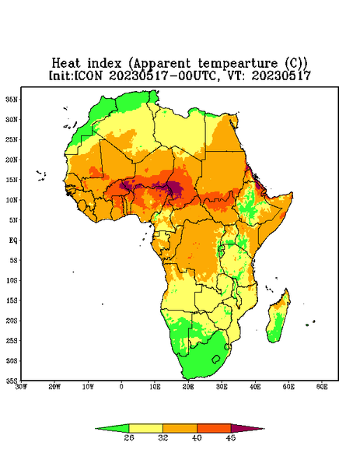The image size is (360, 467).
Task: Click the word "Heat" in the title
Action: (66, 64)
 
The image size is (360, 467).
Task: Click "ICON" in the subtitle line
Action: (88, 75)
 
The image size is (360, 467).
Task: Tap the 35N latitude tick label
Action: (12, 99)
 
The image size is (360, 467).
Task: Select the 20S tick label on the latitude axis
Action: (12, 321)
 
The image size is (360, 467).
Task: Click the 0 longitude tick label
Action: (121, 387)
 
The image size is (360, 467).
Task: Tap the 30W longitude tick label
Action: (21, 387)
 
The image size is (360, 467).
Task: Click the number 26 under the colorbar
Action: (129, 437)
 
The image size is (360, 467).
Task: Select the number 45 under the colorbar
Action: (231, 437)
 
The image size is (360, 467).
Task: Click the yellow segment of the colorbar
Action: (145, 428)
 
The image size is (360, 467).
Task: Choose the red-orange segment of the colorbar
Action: (214, 428)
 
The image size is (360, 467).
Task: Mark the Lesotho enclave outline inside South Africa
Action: (215, 359)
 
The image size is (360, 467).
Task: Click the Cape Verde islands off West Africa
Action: (42, 175)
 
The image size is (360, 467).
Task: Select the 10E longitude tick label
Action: (155, 387)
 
